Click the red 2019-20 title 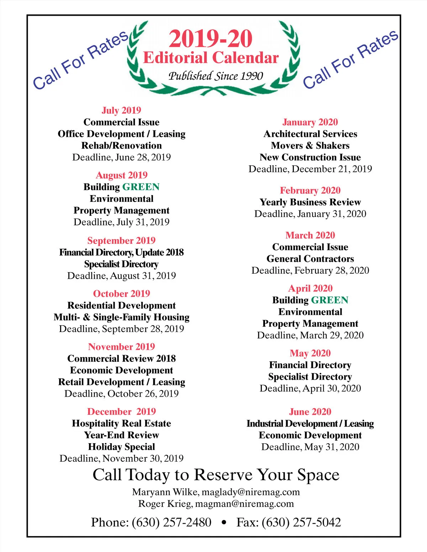[x=211, y=39]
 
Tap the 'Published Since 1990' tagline [x=216, y=76]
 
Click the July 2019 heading [x=121, y=110]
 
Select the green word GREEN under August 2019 [x=141, y=187]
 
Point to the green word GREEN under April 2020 [x=330, y=300]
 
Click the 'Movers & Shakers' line [x=310, y=145]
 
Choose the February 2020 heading [x=310, y=191]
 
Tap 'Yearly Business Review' [x=310, y=202]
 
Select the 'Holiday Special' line [x=121, y=447]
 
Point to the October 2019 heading [x=121, y=294]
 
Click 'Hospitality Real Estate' [x=121, y=423]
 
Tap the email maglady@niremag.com [x=251, y=492]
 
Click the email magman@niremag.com [x=244, y=504]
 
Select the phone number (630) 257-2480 [x=171, y=522]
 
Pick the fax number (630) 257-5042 [x=301, y=522]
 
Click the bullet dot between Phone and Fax [x=224, y=522]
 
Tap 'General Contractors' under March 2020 [x=310, y=259]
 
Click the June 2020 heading [x=310, y=412]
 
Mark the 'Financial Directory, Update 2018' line [x=121, y=252]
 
